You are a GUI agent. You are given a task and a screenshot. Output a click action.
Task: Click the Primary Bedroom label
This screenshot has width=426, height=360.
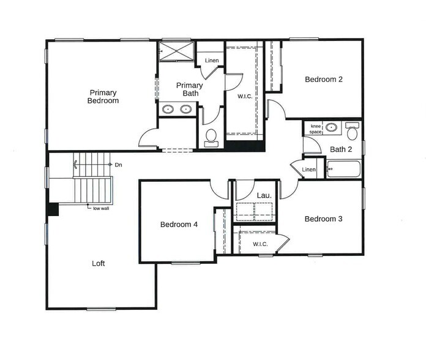102,97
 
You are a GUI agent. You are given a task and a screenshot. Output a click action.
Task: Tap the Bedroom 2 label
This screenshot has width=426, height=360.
323,79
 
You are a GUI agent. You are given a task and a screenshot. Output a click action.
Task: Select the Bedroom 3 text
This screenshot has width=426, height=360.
323,219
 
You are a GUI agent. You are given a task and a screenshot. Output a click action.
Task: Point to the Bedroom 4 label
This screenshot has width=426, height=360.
179,225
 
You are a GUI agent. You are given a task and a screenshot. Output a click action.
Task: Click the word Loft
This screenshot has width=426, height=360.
99,263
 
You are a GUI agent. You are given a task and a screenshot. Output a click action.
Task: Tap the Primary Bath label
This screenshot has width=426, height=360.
189,89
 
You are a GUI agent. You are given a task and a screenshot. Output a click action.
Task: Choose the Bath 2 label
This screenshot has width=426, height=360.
341,149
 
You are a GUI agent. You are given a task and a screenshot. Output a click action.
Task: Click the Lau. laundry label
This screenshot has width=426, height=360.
264,195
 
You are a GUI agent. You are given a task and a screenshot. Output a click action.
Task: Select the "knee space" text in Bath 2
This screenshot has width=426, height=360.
316,129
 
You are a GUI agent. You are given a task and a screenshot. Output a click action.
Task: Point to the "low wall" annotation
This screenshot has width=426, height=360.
100,208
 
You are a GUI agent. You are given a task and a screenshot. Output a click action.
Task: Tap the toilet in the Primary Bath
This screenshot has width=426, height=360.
211,137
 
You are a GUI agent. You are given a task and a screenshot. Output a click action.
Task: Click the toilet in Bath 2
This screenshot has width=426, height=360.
352,132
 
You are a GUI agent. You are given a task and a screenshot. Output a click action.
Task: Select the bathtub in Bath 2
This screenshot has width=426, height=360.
345,168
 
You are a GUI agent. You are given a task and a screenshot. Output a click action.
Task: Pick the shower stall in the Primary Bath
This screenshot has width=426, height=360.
177,51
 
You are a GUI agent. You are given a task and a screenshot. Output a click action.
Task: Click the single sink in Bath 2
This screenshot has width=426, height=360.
331,128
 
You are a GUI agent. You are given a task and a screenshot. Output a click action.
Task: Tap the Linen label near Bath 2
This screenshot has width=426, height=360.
309,170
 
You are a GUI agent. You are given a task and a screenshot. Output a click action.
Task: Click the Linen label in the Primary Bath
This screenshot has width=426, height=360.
212,61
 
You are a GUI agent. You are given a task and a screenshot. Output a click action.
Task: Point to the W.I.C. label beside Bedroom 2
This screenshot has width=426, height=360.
245,97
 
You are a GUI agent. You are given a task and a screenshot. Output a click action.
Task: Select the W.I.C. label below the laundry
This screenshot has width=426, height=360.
260,244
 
